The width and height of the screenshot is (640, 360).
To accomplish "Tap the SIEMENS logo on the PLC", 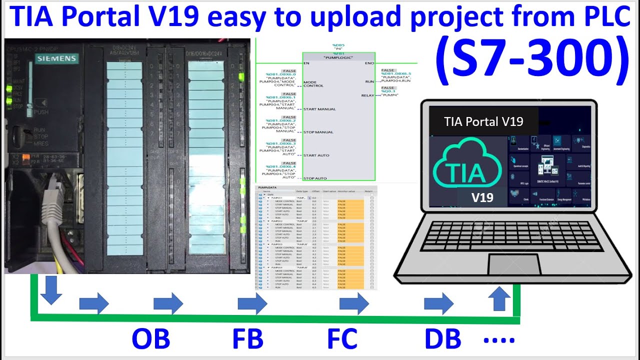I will click(56, 59).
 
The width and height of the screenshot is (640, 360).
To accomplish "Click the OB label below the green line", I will click(150, 339).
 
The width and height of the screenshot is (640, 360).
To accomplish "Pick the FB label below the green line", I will click(247, 339).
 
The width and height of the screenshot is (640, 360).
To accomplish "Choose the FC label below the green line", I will click(342, 339).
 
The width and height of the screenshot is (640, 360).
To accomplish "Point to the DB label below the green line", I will click(442, 339).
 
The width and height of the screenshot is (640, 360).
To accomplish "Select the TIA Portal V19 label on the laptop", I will click(483, 121).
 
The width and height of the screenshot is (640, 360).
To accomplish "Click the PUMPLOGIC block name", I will click(338, 58).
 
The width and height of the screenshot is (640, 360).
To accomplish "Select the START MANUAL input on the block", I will click(319, 109).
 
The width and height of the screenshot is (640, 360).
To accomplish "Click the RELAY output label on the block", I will click(367, 95).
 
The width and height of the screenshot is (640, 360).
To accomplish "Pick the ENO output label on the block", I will click(369, 63).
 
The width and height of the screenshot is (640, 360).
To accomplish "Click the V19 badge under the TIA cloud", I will click(482, 197).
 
